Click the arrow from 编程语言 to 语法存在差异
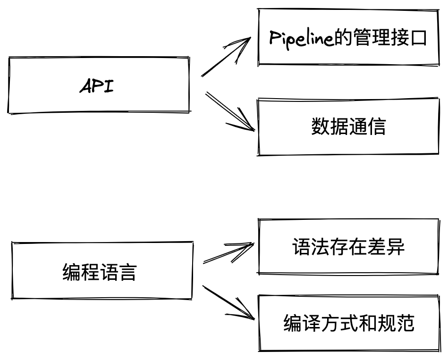click(x=229, y=253)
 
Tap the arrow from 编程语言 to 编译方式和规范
click(x=229, y=302)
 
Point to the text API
click(x=97, y=86)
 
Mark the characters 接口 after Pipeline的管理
click(x=408, y=38)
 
